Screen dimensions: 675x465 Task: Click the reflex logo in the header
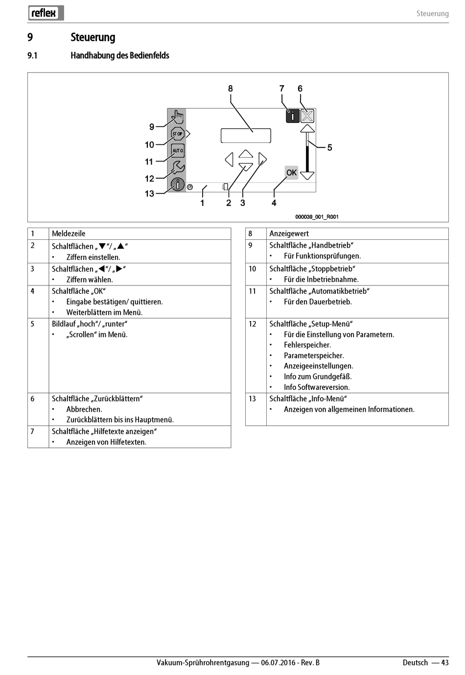pos(46,13)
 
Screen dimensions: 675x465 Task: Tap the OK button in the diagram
pos(291,172)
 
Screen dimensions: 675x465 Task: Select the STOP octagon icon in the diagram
pos(177,134)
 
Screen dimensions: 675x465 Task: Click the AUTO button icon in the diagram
pos(178,150)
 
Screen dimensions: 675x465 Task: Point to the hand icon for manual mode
pos(177,117)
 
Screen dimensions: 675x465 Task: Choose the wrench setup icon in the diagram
pos(177,168)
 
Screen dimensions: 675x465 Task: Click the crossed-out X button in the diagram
pos(307,116)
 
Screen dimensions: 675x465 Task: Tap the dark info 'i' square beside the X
pos(293,116)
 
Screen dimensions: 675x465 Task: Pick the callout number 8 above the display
pos(231,89)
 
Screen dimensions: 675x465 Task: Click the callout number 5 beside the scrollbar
pos(330,147)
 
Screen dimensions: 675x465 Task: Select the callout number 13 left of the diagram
pos(149,194)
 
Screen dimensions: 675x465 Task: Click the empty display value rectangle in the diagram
pos(246,136)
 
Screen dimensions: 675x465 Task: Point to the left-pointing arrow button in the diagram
pos(229,159)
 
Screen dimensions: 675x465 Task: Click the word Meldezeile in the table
pos(69,233)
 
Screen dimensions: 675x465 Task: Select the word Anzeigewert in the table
pos(289,233)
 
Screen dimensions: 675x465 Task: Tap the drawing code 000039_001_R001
pos(317,217)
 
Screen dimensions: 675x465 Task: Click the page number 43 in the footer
pos(444,662)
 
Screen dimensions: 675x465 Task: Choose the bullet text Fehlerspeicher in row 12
pos(307,345)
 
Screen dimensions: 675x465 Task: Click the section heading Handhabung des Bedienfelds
pos(120,55)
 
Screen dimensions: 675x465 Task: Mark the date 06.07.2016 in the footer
pos(278,662)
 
